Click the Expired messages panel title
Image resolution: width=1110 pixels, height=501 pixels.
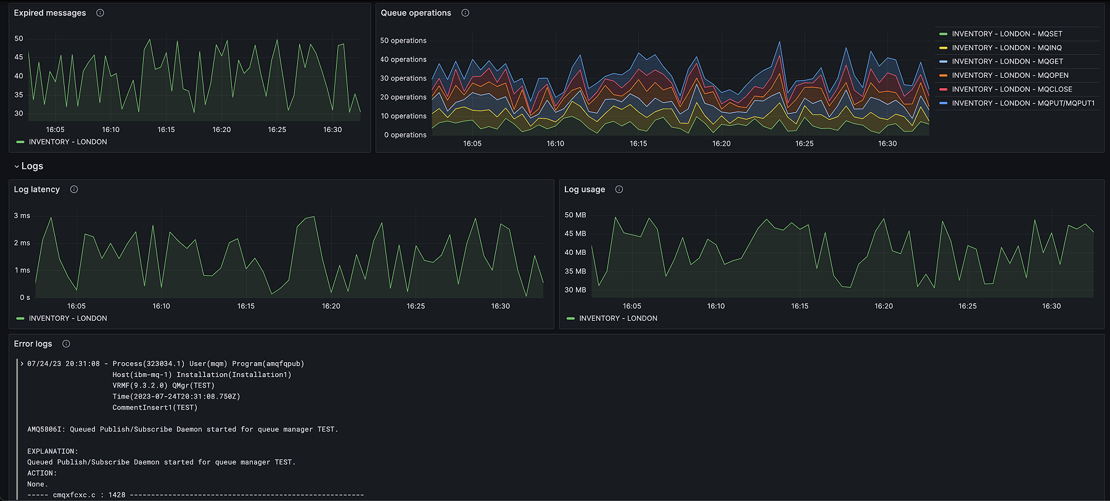[x=50, y=13]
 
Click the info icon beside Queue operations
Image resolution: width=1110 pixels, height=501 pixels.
[x=465, y=13]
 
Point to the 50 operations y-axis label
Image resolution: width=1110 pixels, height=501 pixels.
[x=403, y=41]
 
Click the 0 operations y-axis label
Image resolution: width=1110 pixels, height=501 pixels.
[x=405, y=135]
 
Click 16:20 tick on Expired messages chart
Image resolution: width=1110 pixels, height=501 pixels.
[x=221, y=130]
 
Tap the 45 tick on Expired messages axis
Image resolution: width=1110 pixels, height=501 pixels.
[x=19, y=57]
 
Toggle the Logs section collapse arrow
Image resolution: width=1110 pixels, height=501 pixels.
[x=17, y=167]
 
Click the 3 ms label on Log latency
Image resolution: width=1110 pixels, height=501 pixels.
[x=22, y=216]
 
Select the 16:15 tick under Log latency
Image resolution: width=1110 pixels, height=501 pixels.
[x=246, y=306]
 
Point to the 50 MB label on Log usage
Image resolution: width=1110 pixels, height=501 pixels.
[x=575, y=215]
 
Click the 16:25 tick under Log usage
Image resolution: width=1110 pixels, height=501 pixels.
[x=968, y=306]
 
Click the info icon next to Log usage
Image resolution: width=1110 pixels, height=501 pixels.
[x=619, y=189]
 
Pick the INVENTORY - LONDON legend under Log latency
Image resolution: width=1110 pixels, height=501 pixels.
[x=67, y=318]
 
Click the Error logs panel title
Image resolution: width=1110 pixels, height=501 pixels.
[x=33, y=344]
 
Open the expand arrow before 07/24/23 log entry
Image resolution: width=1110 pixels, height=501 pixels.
[x=22, y=364]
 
